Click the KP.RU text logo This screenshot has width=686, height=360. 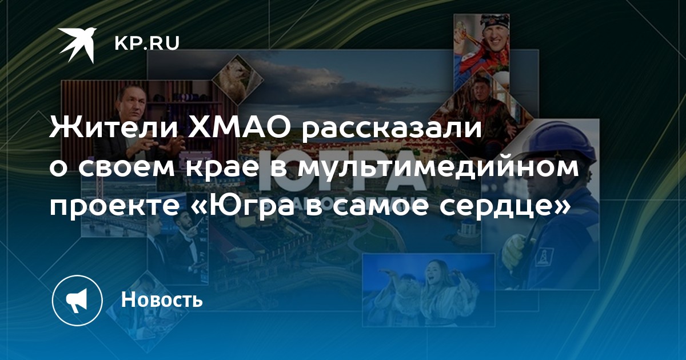point(147,43)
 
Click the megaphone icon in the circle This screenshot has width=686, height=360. point(77,300)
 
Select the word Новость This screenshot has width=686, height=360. point(162,299)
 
